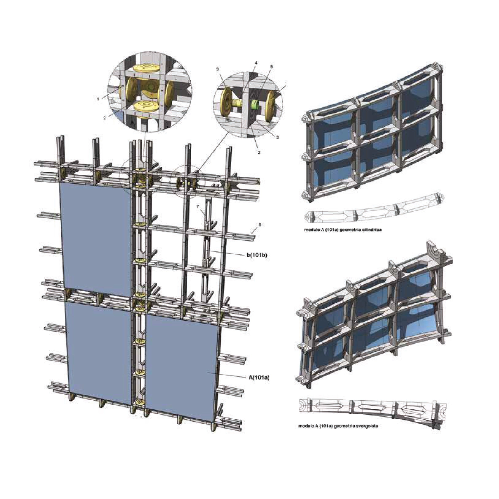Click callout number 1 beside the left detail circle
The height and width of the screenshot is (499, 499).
tap(98, 99)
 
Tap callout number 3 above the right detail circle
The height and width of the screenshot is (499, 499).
tap(218, 69)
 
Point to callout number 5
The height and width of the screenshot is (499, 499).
tap(272, 67)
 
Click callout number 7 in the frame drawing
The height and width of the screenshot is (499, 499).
tap(197, 206)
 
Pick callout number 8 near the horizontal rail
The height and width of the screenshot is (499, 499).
tap(260, 225)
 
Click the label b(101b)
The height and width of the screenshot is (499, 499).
tap(257, 255)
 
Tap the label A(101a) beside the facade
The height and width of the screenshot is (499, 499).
tap(259, 377)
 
